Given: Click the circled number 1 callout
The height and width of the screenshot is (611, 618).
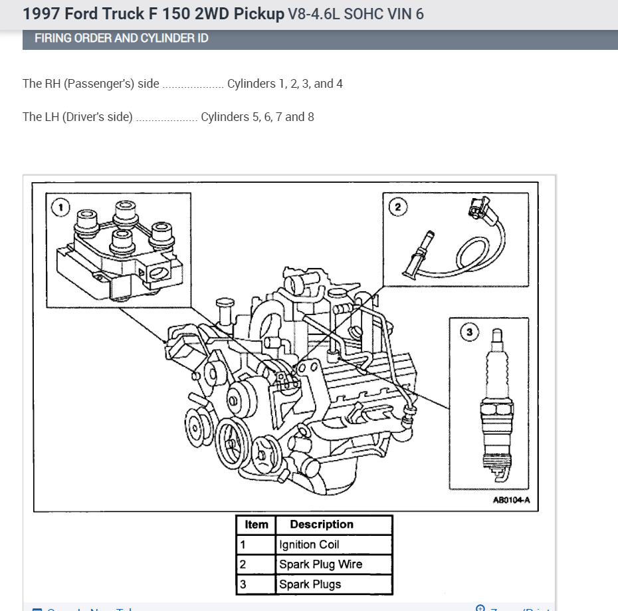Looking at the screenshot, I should coord(60,207).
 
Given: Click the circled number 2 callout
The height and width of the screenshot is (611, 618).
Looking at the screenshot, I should coord(398,207).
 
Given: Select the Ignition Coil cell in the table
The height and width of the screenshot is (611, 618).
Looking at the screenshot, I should coord(309,545).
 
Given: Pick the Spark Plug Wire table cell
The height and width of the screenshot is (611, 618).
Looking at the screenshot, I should coord(320,564).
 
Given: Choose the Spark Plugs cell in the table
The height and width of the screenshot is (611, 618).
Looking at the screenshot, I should coord(310,584).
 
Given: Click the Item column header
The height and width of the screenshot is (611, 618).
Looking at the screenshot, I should coord(256,525).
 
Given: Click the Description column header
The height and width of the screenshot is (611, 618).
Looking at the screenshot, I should coord(322,525).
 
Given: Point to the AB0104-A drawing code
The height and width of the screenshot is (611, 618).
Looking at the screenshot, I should coord(511,501).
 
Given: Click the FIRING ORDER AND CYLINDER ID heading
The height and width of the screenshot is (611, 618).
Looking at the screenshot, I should coord(122,39).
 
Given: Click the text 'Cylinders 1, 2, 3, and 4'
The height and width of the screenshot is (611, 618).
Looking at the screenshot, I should coord(285,84).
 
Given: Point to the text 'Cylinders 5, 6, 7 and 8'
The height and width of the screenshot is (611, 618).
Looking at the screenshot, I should coord(257,117).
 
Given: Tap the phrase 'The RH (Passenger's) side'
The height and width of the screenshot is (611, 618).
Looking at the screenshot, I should coord(91,84).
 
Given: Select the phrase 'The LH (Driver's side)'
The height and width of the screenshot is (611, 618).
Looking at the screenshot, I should coord(78,117).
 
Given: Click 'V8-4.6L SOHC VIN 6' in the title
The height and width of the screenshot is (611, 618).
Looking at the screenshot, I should coord(356,13).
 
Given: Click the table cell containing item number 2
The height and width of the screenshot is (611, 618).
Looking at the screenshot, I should coord(243,564).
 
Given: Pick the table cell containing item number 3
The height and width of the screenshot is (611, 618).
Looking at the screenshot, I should coord(243,584).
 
